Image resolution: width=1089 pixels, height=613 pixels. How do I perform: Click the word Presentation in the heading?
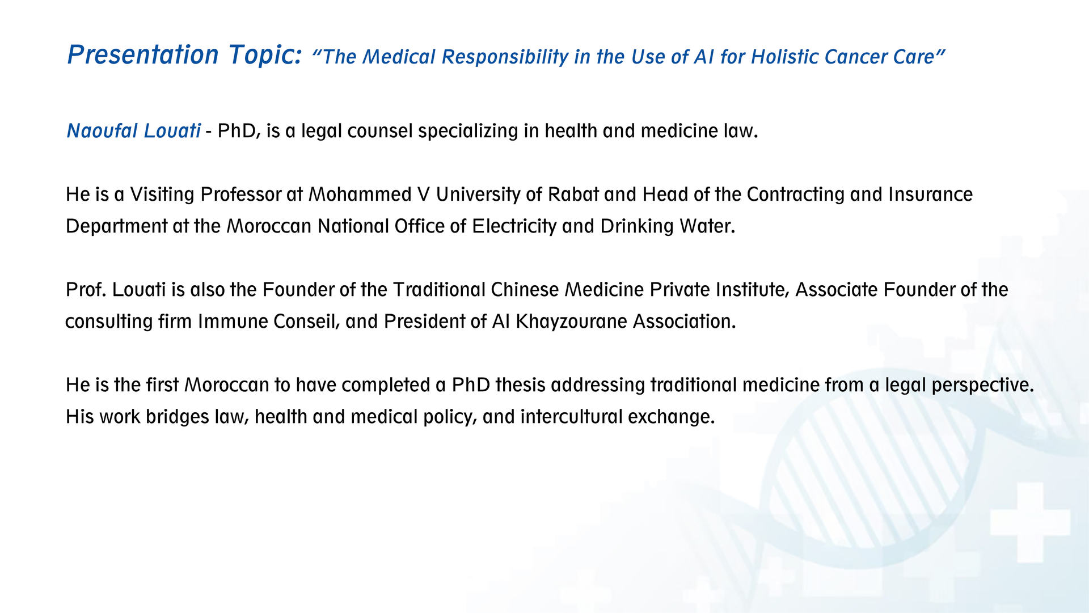[x=143, y=54]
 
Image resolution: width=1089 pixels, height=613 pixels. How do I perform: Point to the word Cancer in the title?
[x=855, y=57]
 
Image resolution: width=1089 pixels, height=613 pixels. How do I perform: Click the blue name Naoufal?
[x=103, y=131]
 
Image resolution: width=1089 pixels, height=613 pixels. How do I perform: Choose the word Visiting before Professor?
[x=162, y=195]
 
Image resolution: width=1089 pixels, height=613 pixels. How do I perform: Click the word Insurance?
[x=931, y=195]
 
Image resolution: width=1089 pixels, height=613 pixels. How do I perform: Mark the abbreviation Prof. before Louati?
[x=86, y=290]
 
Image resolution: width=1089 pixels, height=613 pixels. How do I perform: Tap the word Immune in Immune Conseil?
[x=233, y=322]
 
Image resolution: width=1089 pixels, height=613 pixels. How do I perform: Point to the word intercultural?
[x=572, y=417]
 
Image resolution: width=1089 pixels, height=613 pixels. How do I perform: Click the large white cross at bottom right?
[x=1031, y=522]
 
